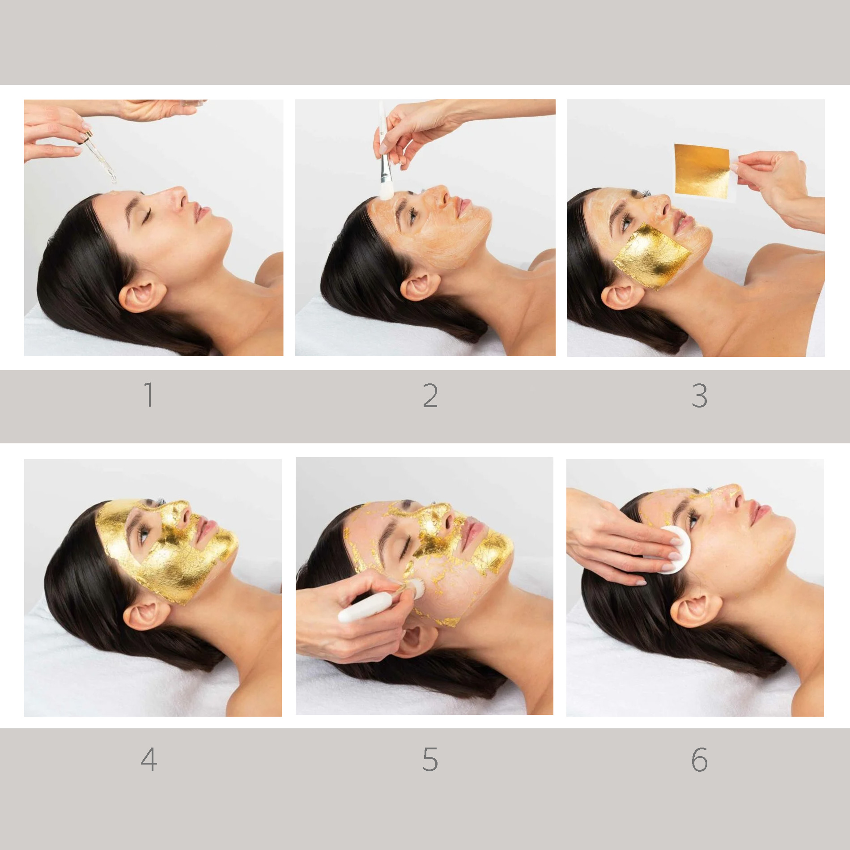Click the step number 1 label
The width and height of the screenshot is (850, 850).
click(149, 395)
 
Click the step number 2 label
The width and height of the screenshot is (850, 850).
click(430, 396)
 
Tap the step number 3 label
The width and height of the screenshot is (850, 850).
click(699, 396)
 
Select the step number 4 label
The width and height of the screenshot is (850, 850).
click(149, 760)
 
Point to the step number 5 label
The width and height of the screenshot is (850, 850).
click(430, 760)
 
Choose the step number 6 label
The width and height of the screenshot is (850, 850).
click(699, 760)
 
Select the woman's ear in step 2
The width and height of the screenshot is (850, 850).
click(417, 287)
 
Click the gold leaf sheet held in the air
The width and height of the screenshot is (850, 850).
click(701, 170)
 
